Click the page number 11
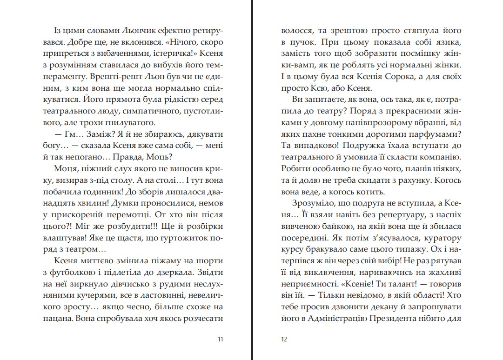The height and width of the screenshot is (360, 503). click(221, 339)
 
